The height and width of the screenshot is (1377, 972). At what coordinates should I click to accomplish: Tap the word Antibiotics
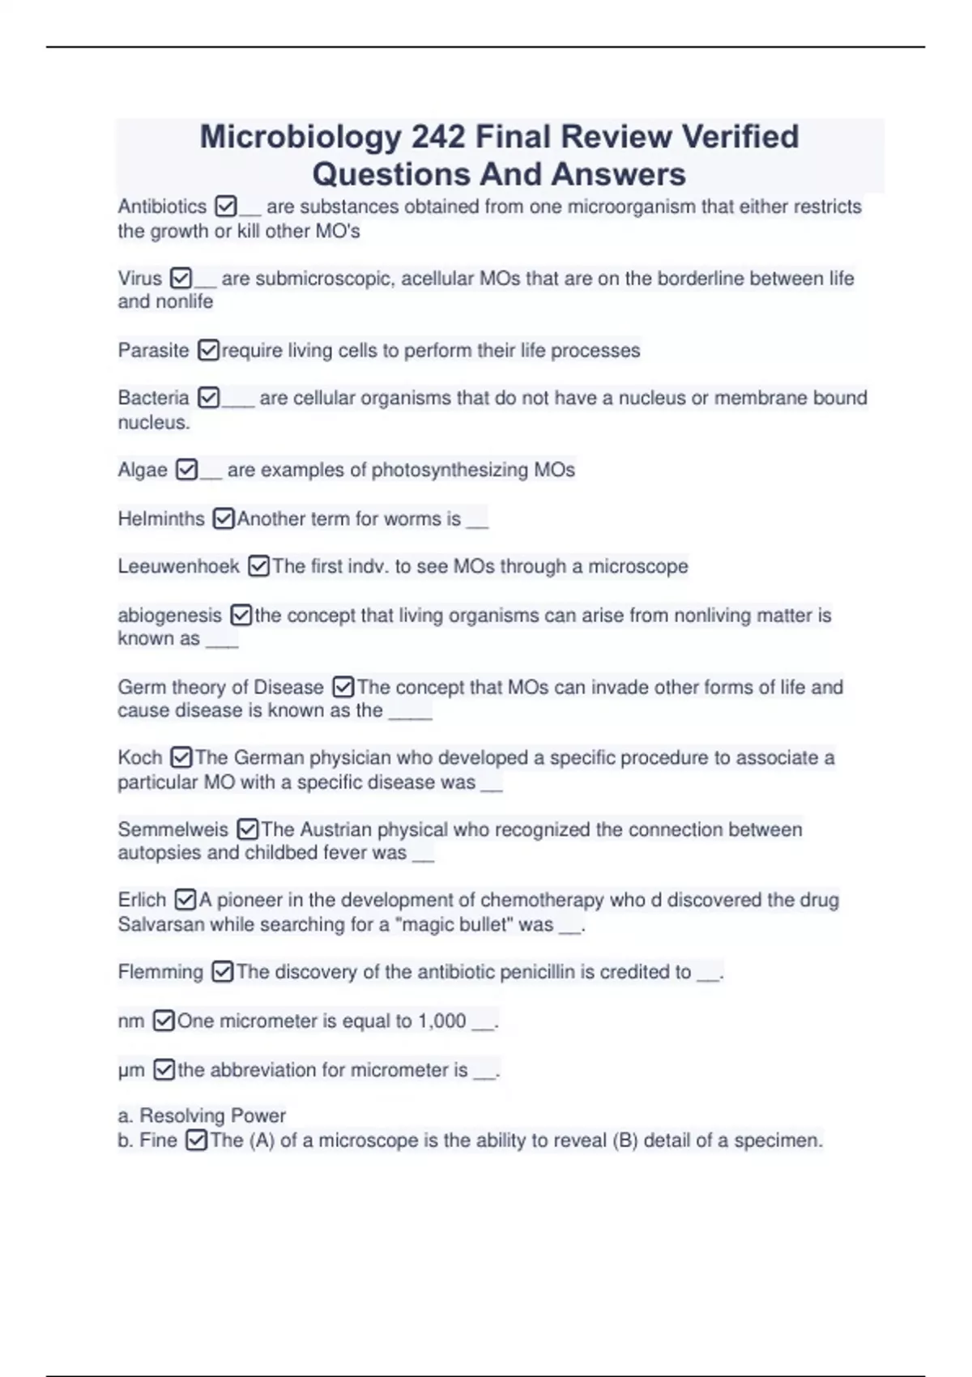point(162,207)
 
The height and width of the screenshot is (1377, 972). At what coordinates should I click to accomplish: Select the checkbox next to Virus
point(181,279)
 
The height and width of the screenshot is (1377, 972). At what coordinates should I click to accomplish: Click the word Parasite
point(153,351)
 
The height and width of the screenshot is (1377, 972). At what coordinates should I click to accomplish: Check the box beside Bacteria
point(209,399)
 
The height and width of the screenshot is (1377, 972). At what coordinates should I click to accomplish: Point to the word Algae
point(143,471)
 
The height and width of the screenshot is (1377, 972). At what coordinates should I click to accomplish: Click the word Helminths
point(161,519)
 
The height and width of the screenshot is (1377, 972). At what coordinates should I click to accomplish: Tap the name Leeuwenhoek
point(178,567)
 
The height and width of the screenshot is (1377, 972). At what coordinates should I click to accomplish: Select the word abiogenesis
point(169,616)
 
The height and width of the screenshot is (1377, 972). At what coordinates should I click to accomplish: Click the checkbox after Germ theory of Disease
point(343,688)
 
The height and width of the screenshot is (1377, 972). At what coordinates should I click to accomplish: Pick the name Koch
point(140,758)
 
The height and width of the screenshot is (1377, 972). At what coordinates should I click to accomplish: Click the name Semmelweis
point(173,830)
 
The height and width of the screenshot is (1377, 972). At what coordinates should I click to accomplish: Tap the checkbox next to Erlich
point(185,901)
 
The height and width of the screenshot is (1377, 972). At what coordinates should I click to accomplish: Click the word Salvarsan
point(161,925)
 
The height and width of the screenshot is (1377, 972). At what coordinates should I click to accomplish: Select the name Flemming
point(160,972)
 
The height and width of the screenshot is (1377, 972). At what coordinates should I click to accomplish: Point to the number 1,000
point(441,1021)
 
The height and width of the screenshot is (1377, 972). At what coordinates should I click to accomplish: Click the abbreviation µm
point(131,1071)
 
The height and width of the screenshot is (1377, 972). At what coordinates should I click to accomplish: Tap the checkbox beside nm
point(164,1021)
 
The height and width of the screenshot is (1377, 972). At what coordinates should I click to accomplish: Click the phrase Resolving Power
point(212,1116)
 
